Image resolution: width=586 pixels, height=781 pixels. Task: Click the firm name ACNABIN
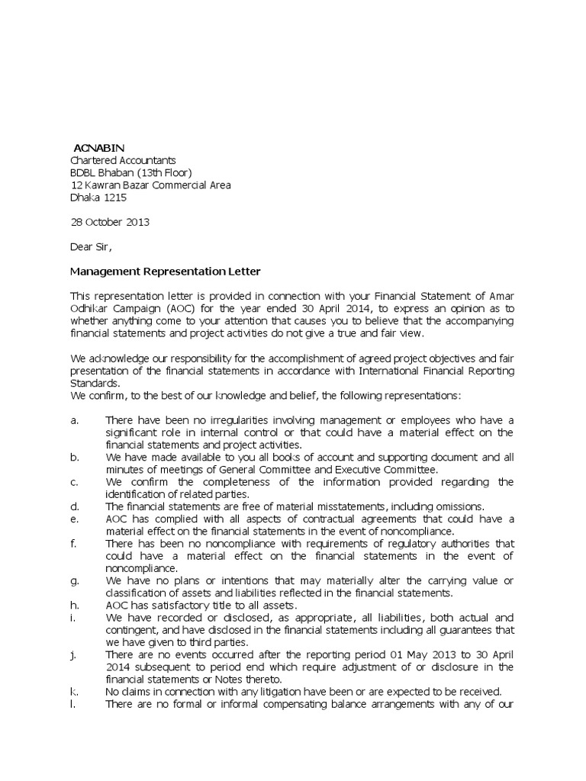pos(99,147)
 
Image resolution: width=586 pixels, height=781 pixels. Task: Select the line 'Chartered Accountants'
pos(123,160)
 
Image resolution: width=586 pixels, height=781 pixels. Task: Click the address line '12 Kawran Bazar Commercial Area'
pos(150,185)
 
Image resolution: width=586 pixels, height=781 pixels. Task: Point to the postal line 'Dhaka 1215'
pos(98,198)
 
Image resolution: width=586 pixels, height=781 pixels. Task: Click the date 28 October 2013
pos(110,223)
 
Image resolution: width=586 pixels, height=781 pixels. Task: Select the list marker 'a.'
pos(75,420)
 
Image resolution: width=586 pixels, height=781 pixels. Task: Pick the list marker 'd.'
pos(75,506)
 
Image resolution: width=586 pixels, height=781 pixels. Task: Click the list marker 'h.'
pos(75,605)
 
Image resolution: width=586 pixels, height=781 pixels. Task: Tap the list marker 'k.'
pos(75,692)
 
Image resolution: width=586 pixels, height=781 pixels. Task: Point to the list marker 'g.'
pos(75,580)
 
